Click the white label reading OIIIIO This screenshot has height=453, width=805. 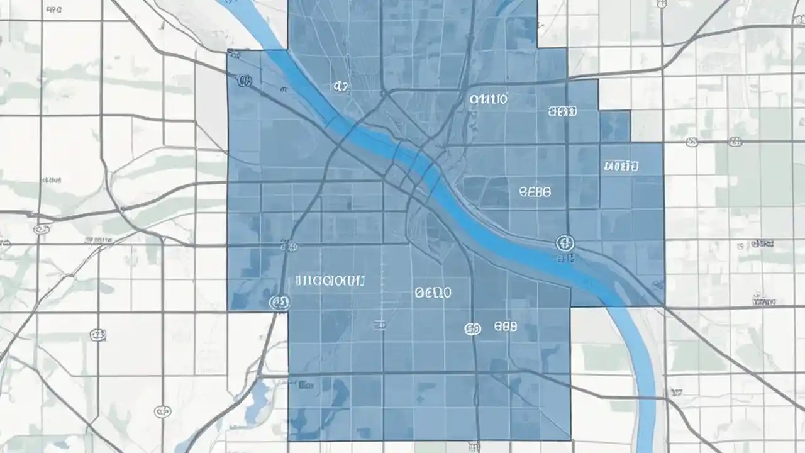[x=489, y=99]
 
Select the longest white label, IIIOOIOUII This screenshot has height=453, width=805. [x=330, y=281]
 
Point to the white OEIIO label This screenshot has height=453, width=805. [x=433, y=293]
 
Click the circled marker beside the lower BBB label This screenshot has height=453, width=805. [x=472, y=328]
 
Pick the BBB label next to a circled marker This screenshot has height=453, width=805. [x=505, y=327]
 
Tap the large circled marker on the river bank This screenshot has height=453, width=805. [x=565, y=243]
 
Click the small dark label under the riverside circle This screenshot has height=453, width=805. [x=565, y=257]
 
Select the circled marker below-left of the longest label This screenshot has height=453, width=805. [x=279, y=303]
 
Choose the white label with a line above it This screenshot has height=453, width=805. [x=621, y=166]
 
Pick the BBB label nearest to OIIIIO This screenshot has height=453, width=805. [x=562, y=112]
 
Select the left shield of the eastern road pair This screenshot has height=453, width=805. [x=692, y=143]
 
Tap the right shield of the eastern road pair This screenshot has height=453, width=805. [x=734, y=142]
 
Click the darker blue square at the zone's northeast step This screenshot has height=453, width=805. [x=614, y=126]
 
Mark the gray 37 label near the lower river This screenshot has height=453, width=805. [x=677, y=392]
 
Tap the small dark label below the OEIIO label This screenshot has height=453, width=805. [x=379, y=325]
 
